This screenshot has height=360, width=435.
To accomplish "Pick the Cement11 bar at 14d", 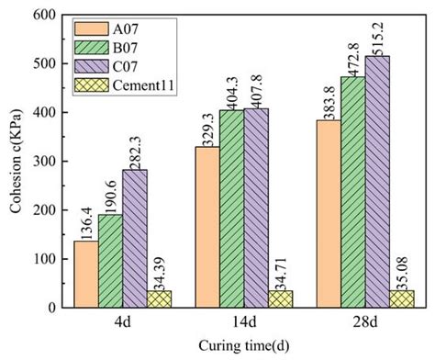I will (280, 298).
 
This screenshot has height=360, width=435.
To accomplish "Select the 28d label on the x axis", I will (366, 323).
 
